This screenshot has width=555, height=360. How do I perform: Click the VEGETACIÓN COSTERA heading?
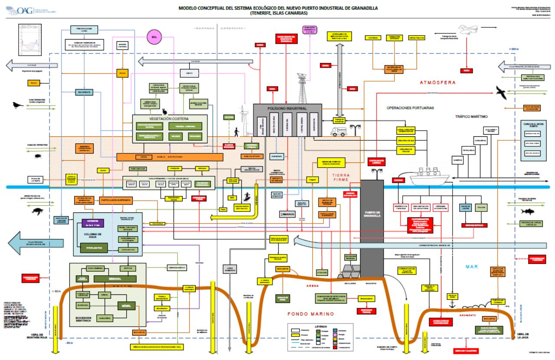coord(171,118)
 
